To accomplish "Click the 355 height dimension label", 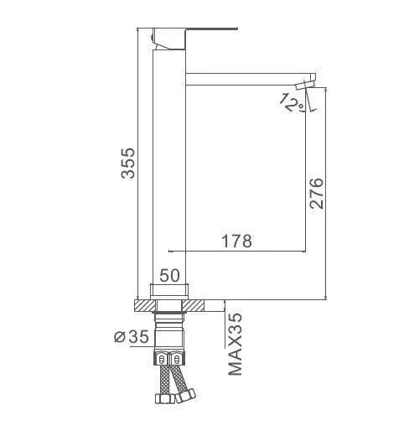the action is tap(128, 163).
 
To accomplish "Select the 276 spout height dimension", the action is tap(317, 193).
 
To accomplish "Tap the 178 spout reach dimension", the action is tap(236, 241).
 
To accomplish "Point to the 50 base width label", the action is tap(169, 275).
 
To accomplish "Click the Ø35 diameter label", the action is tap(132, 337).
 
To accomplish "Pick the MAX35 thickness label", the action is tap(235, 345).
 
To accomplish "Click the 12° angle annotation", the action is tap(293, 103).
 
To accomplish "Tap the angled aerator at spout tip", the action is tap(305, 85).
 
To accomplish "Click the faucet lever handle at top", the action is tap(194, 39).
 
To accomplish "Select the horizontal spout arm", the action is tap(251, 79).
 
